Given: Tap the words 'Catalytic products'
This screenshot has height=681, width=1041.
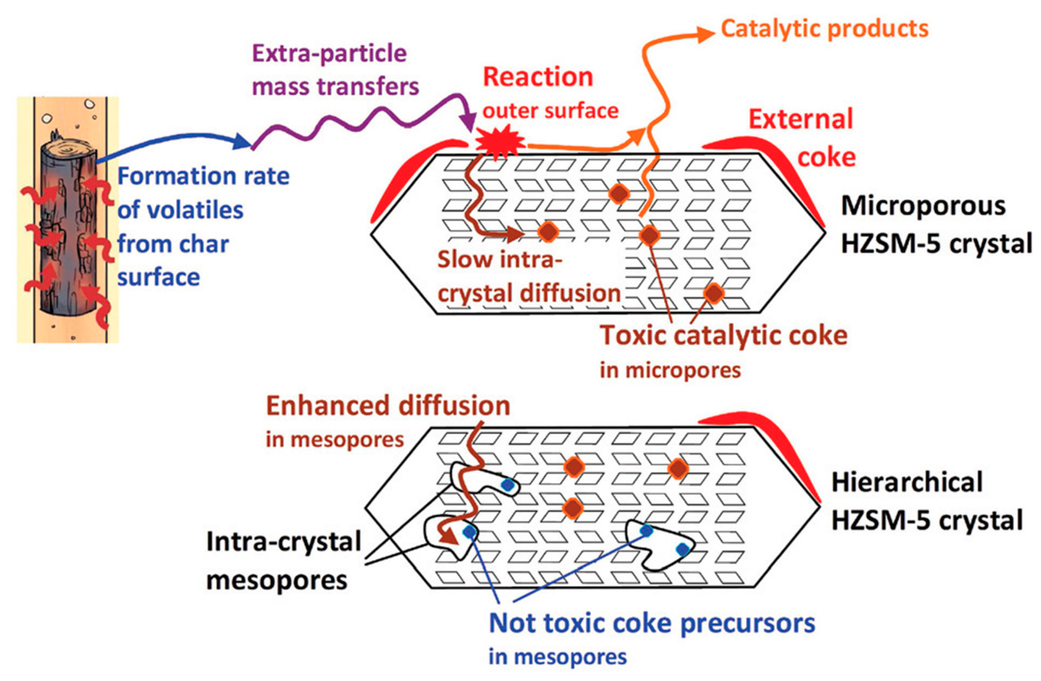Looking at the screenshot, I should click(824, 29).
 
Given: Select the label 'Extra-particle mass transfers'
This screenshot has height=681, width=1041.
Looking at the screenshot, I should click(334, 70).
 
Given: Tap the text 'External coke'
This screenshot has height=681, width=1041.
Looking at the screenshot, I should click(801, 137).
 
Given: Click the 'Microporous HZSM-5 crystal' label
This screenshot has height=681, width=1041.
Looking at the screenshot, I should click(936, 224).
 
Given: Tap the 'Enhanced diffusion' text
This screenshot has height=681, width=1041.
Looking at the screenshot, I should click(388, 406).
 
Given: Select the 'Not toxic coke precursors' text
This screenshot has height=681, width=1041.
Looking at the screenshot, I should click(652, 623).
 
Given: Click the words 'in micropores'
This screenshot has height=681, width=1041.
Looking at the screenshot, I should click(670, 370).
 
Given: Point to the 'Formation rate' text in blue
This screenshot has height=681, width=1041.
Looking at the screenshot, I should click(204, 176).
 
